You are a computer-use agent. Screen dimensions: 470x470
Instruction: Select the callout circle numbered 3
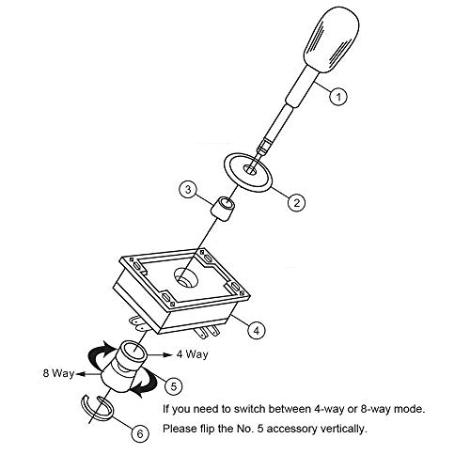[188, 191]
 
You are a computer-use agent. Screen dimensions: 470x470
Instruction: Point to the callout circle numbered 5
[176, 384]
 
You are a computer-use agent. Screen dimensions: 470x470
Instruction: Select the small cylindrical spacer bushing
[222, 206]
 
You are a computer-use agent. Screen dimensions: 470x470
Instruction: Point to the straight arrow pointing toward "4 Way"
[160, 354]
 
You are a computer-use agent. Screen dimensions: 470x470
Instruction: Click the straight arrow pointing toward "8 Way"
[88, 373]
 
